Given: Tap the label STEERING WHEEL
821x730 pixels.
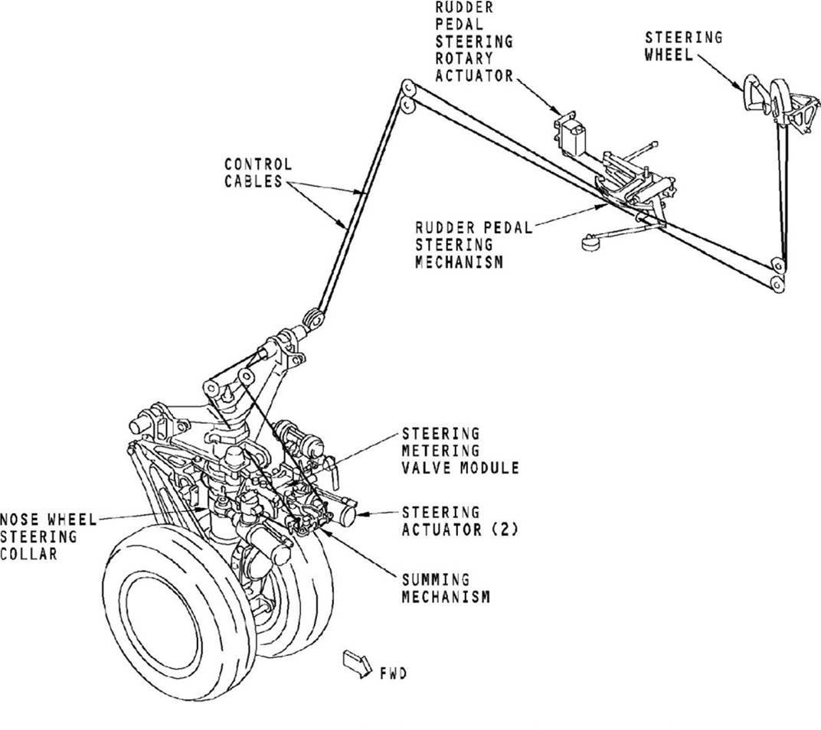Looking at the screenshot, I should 683,46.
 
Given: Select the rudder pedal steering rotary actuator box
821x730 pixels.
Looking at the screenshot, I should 571,133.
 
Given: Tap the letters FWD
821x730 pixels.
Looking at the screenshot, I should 394,673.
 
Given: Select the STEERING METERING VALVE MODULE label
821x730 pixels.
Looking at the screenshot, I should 460,451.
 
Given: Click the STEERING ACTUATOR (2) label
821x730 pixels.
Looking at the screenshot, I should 460,520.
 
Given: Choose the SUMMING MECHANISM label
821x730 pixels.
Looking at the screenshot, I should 446,588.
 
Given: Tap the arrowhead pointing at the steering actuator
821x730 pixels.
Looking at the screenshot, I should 360,513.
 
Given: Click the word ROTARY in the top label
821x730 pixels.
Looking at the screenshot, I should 464,57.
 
